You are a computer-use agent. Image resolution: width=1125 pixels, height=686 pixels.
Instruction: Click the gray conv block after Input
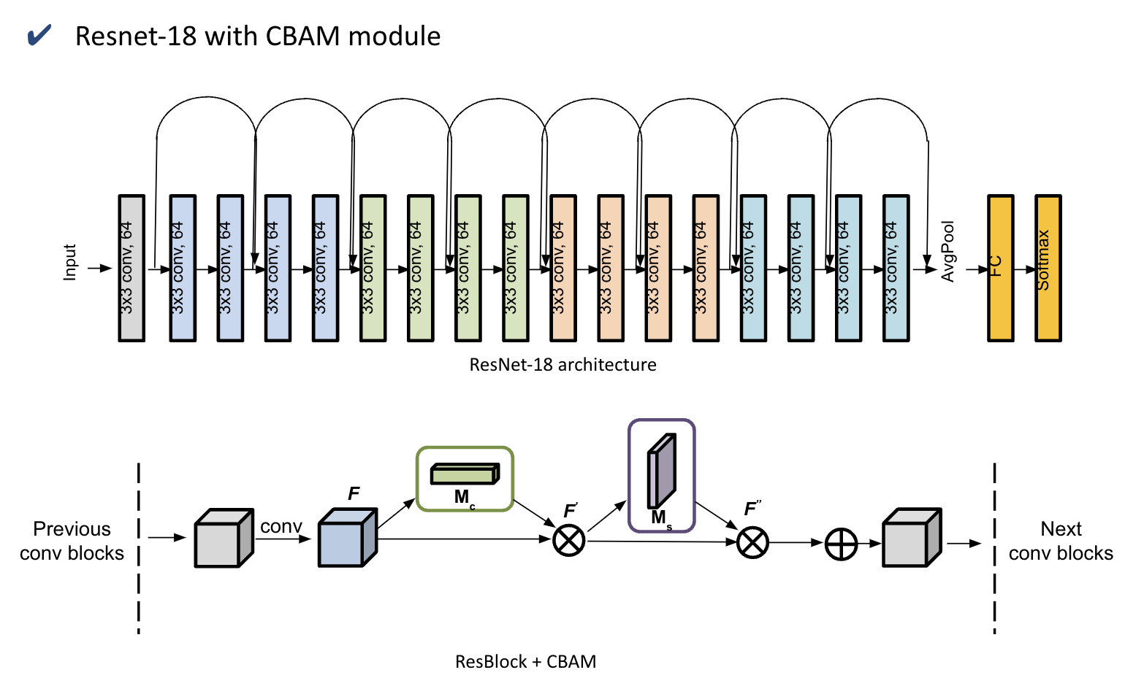click(131, 268)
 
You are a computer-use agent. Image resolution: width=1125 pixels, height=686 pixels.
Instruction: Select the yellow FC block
click(1000, 268)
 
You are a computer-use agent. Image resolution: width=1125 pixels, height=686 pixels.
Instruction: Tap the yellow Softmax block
click(1048, 268)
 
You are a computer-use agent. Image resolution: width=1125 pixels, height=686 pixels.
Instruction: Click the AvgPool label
click(948, 252)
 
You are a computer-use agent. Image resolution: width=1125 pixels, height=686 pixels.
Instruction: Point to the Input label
click(70, 262)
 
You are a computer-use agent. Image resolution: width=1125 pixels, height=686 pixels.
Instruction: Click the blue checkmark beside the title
click(39, 35)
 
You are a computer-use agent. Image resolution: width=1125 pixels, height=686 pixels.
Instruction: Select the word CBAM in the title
click(302, 36)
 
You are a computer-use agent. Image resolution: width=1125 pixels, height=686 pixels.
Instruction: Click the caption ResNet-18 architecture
click(562, 365)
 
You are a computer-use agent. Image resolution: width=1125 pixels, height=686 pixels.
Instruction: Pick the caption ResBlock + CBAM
click(525, 662)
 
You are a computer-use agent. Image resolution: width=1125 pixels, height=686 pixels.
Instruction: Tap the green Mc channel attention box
click(465, 479)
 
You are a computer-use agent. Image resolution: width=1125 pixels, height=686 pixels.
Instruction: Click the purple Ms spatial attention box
click(661, 475)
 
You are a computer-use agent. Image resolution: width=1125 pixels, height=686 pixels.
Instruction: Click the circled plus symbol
click(841, 544)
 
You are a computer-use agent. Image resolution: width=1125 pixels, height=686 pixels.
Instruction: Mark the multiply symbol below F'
click(568, 540)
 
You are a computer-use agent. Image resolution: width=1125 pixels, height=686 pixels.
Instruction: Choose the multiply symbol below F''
click(752, 542)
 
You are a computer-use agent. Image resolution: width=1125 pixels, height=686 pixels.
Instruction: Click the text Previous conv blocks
click(72, 541)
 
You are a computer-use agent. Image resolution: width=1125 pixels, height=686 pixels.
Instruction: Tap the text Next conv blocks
click(1061, 541)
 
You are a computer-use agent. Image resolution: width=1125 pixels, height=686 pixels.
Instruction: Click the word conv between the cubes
click(281, 527)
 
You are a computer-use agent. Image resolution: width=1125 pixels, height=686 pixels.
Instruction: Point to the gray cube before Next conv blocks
click(911, 538)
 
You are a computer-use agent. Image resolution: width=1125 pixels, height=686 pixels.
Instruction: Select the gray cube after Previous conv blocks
click(223, 538)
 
